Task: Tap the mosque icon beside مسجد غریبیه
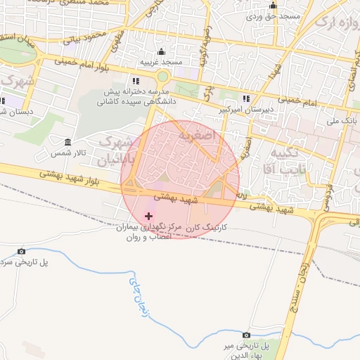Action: (x=162, y=51)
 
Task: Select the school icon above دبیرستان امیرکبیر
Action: (x=245, y=98)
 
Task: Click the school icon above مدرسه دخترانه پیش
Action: (x=136, y=82)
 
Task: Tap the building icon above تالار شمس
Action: (x=67, y=142)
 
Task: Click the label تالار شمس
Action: (x=67, y=153)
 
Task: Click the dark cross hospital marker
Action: (x=148, y=215)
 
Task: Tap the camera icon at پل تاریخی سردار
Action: (x=21, y=251)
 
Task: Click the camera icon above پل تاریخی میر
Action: (x=246, y=335)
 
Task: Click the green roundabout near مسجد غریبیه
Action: (x=163, y=76)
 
